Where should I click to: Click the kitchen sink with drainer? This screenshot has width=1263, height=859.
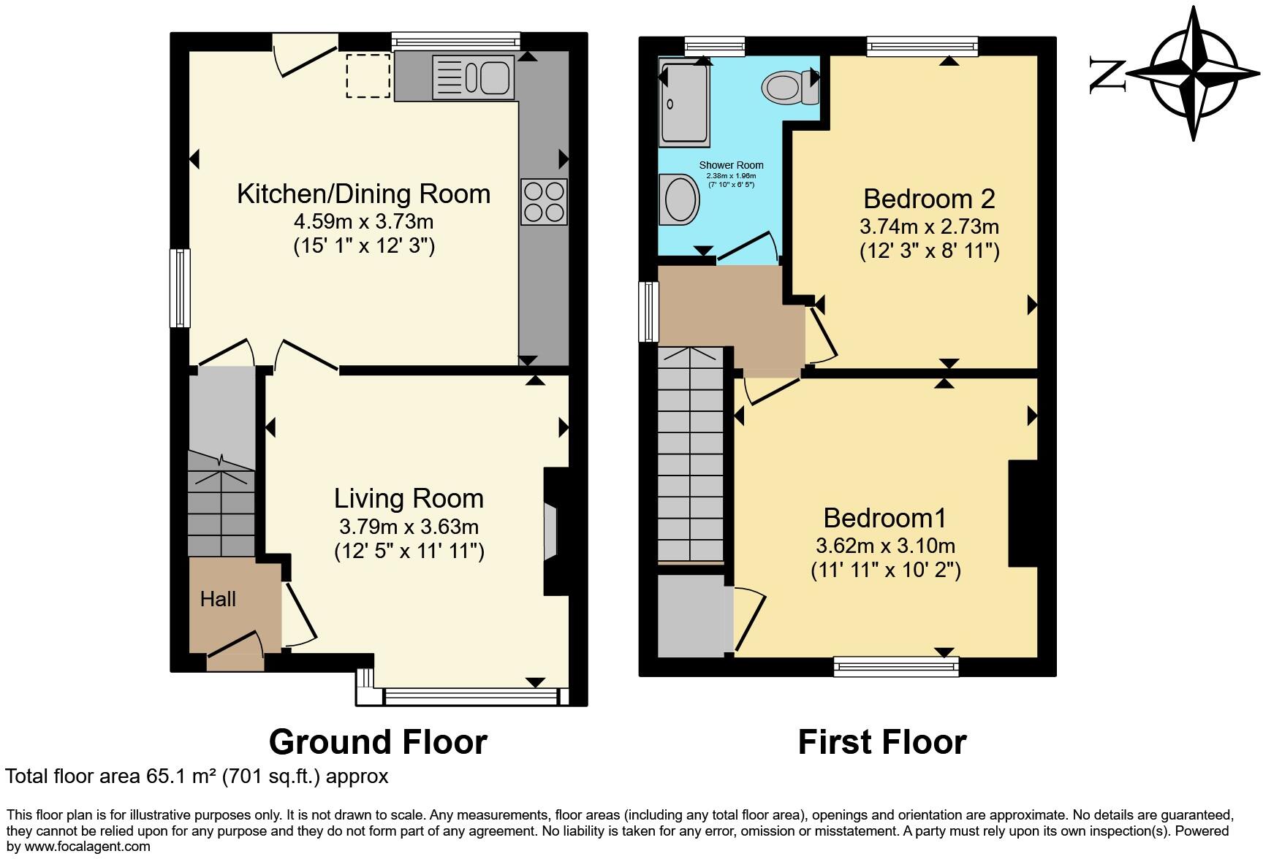pyautogui.click(x=473, y=77)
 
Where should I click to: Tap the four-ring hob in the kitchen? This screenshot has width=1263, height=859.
pyautogui.click(x=544, y=202)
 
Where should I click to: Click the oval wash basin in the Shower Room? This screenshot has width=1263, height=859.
pyautogui.click(x=679, y=198)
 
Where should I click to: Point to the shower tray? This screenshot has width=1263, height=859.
pyautogui.click(x=684, y=101)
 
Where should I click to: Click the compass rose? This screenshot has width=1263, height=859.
pyautogui.click(x=1193, y=73)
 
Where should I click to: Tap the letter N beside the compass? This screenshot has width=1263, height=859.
pyautogui.click(x=1107, y=75)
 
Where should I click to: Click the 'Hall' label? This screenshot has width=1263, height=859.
pyautogui.click(x=218, y=599)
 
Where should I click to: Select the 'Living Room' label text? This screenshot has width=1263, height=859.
pyautogui.click(x=409, y=498)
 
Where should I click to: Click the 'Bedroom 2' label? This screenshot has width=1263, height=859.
pyautogui.click(x=929, y=199)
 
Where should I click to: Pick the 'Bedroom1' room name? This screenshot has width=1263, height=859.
pyautogui.click(x=884, y=518)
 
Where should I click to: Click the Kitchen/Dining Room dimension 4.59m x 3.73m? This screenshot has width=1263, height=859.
pyautogui.click(x=364, y=221)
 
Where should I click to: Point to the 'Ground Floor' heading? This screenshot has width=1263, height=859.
pyautogui.click(x=378, y=742)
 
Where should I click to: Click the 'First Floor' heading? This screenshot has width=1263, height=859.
pyautogui.click(x=882, y=742)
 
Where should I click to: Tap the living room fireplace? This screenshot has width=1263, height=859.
pyautogui.click(x=555, y=532)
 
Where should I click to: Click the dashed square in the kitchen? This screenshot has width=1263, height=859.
pyautogui.click(x=368, y=76)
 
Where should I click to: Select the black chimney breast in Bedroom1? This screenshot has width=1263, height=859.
pyautogui.click(x=1023, y=514)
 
